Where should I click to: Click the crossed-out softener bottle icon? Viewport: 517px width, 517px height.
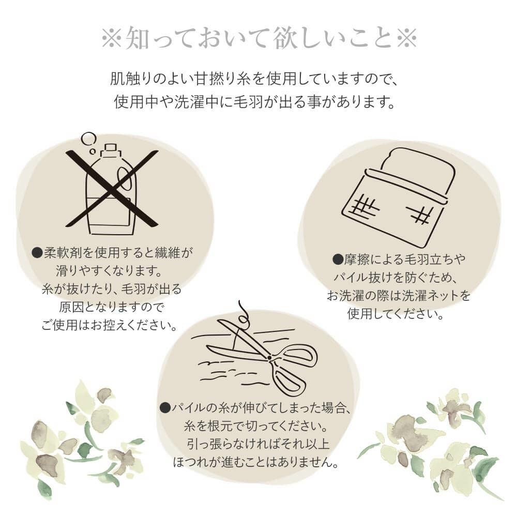coord(112,189)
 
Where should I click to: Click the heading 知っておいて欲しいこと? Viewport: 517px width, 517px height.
coord(258,39)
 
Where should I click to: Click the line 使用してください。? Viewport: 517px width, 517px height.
coord(396,314)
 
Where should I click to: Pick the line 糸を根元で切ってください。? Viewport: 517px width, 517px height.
coord(256,427)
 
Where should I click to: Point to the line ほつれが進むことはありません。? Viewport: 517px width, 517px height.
coord(256,463)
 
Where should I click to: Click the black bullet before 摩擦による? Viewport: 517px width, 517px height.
coord(338,260)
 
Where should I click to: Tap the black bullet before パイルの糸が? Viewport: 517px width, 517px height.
coord(165,408)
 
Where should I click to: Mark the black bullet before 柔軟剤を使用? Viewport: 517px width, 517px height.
coord(37,253)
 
